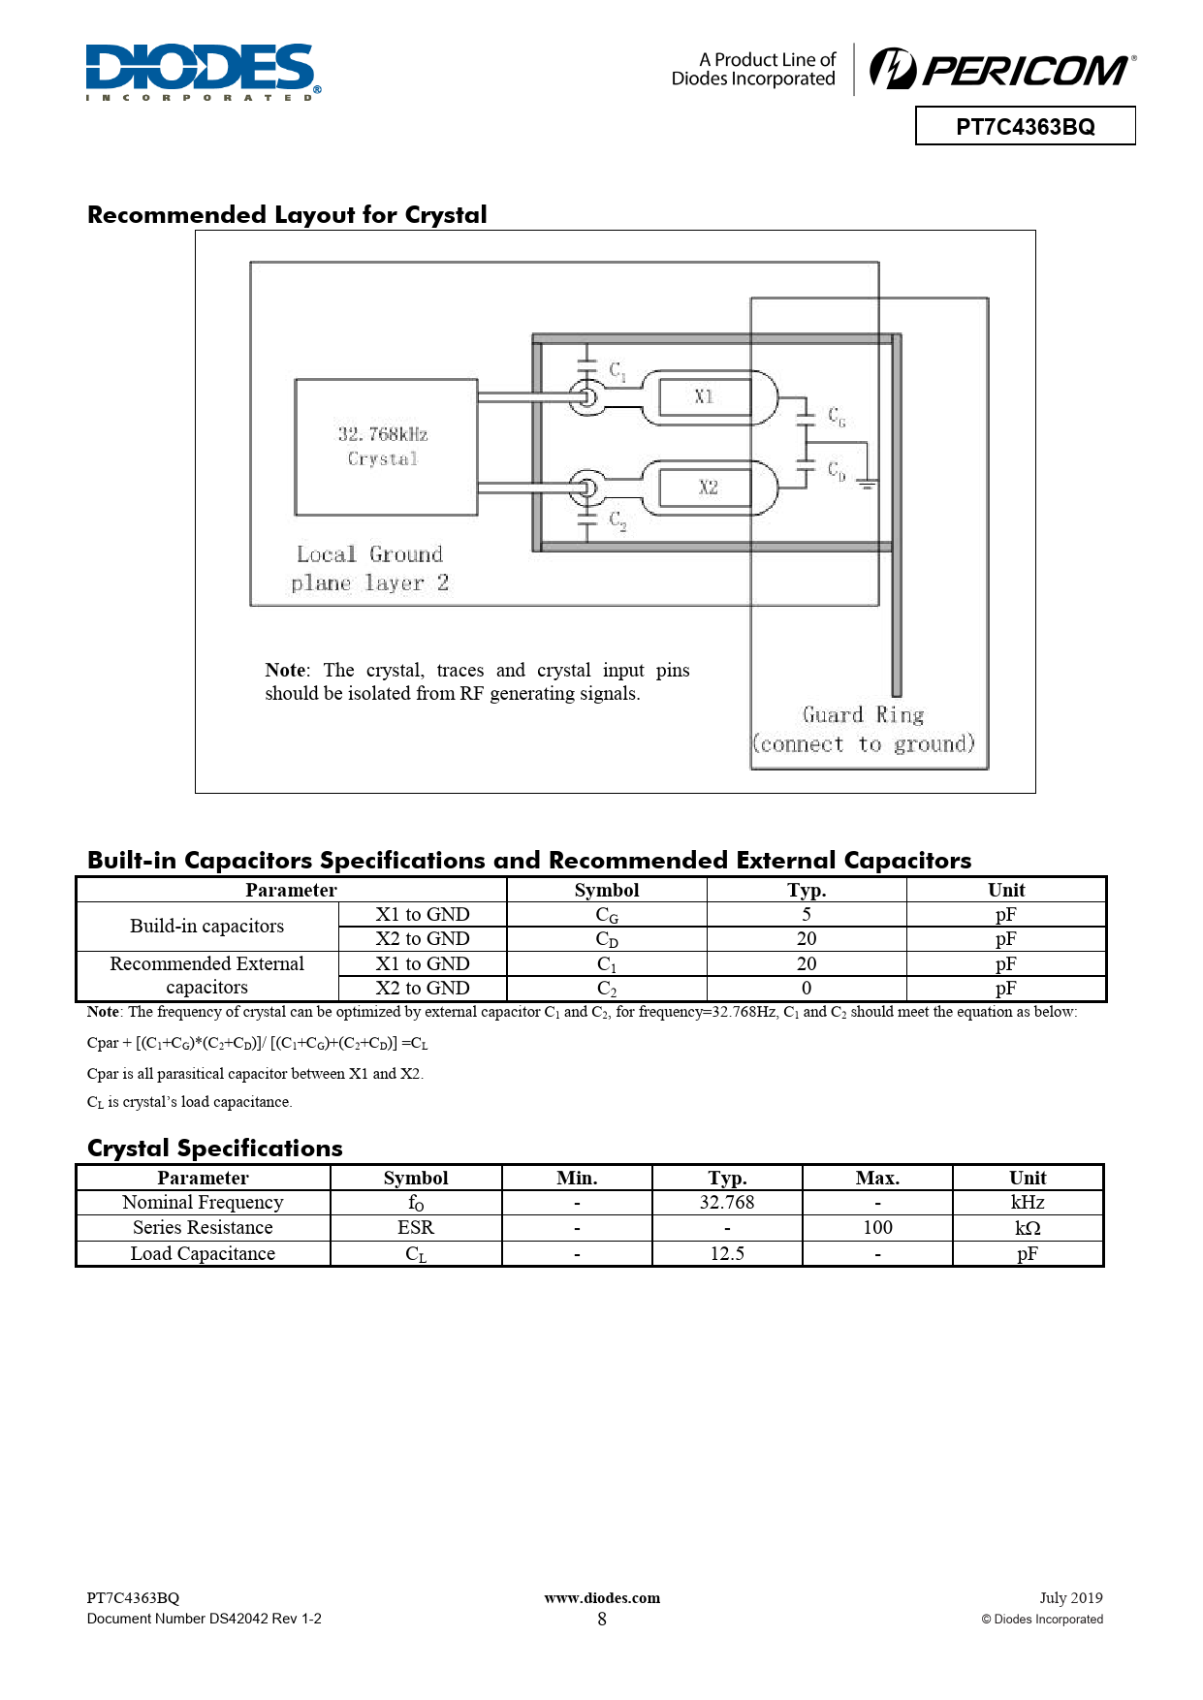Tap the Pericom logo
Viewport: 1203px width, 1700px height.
pos(1002,70)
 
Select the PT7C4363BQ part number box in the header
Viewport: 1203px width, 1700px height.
pos(1025,126)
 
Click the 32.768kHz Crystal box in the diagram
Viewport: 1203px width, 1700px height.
pos(386,447)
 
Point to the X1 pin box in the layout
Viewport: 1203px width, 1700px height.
pos(705,396)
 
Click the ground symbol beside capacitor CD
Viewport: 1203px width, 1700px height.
pos(867,482)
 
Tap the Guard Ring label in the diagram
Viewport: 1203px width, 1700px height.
pos(864,715)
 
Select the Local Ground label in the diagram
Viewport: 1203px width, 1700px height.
pos(369,554)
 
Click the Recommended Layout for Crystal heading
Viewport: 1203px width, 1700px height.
pos(287,214)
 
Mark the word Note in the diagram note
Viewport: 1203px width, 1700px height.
pos(285,670)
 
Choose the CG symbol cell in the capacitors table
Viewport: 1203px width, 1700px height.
pos(607,915)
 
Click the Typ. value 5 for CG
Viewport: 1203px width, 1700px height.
pos(807,914)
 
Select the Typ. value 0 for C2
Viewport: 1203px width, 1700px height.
pos(807,988)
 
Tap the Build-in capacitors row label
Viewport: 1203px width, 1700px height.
pos(206,926)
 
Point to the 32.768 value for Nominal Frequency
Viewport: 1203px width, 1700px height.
pos(727,1202)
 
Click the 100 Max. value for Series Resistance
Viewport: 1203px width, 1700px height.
pos(877,1227)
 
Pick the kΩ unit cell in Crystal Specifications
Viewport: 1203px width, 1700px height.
pos(1028,1227)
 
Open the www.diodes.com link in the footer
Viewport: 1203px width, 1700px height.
pos(602,1597)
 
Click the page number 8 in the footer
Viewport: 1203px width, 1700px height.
pos(602,1619)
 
